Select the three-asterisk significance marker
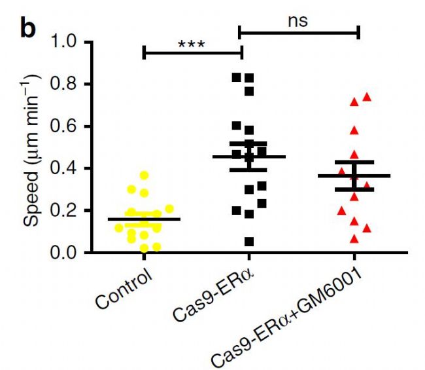tap(192, 45)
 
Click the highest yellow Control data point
tap(144, 175)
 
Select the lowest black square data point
tap(249, 242)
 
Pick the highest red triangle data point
tap(367, 97)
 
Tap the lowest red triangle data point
tap(354, 239)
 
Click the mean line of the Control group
tap(144, 219)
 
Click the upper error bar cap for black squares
tap(248, 143)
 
